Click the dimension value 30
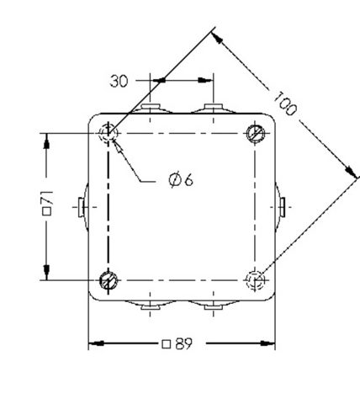[x=119, y=81]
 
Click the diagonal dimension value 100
[x=285, y=104]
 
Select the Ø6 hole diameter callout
[x=181, y=180]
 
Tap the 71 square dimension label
[x=47, y=203]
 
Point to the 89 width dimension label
[x=177, y=343]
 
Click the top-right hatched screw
[x=256, y=133]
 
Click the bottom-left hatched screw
[x=109, y=280]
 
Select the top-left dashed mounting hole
[x=109, y=133]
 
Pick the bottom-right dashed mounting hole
[x=255, y=280]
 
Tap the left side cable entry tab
[x=81, y=207]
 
